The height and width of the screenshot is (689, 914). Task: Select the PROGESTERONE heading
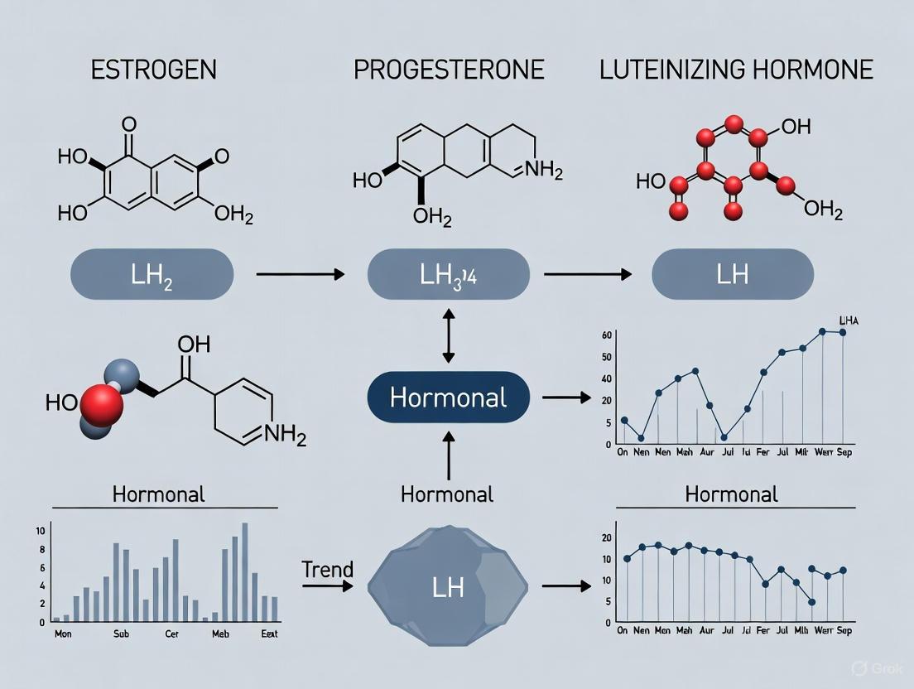(x=449, y=69)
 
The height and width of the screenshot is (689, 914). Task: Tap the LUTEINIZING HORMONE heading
(x=736, y=69)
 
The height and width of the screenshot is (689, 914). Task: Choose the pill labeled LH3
(x=448, y=274)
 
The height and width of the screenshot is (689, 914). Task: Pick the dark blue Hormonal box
(x=448, y=398)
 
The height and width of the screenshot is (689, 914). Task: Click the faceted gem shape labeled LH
(x=448, y=586)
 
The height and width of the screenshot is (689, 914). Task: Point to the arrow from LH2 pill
(x=300, y=273)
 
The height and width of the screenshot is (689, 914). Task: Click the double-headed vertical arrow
(x=448, y=335)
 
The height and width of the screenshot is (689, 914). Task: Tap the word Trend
(x=327, y=570)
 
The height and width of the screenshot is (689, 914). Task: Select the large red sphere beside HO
(x=102, y=405)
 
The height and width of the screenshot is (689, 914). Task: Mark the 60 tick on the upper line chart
(x=607, y=335)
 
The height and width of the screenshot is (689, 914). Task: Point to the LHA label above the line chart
(x=849, y=320)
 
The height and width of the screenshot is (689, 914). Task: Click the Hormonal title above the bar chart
(x=158, y=495)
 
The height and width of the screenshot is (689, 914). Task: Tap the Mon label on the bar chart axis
(x=61, y=634)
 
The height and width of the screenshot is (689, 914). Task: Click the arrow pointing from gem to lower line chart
(x=566, y=586)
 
